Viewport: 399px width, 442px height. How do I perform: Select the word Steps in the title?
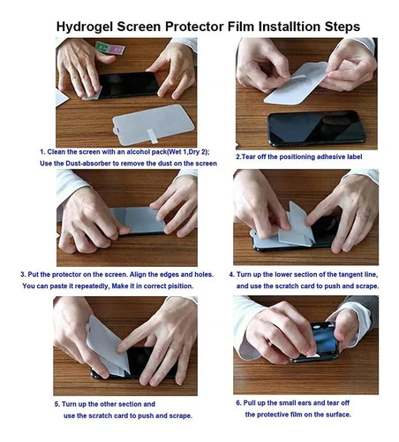pos(343,27)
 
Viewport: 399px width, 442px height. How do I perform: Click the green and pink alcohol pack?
pos(110,48)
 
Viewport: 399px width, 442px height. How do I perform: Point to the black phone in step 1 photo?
pos(128,85)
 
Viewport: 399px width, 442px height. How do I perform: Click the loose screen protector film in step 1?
pos(153,125)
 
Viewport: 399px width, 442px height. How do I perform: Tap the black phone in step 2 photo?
pos(316,128)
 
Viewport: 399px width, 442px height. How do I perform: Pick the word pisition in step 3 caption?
pos(180,286)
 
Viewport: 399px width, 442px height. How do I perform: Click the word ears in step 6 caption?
pos(305,403)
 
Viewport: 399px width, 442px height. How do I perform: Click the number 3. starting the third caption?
pos(23,275)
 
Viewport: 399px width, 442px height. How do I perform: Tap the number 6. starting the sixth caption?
pos(238,403)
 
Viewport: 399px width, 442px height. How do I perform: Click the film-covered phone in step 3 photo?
pos(139,220)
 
